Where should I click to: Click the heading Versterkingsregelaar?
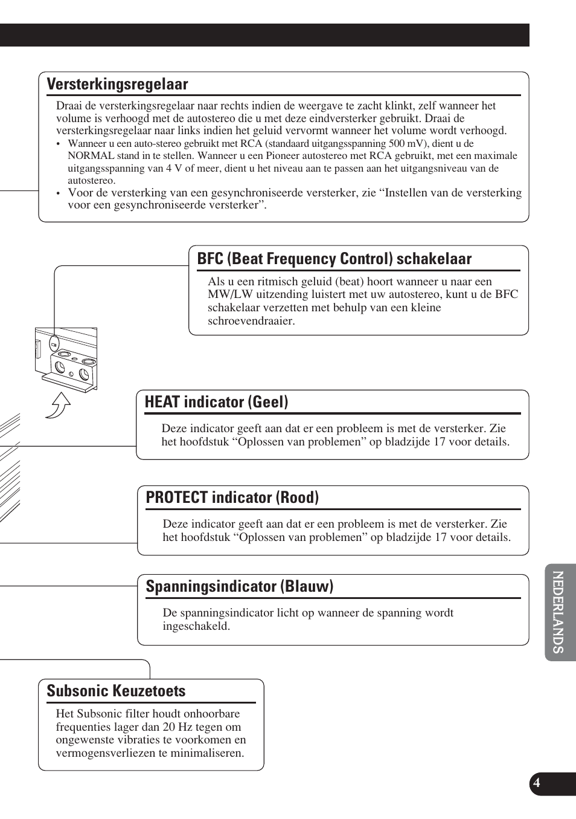(x=117, y=84)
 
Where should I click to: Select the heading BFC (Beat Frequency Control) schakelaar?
(x=334, y=259)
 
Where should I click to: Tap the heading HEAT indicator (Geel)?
(x=216, y=402)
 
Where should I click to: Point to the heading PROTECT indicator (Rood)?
(x=232, y=497)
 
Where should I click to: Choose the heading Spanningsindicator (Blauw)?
(x=239, y=586)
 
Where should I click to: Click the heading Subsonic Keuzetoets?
(x=116, y=691)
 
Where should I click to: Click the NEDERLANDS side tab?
(x=558, y=612)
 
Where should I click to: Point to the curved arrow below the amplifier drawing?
(x=59, y=404)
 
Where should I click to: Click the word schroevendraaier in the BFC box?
(x=251, y=321)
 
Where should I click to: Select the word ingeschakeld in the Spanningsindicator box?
(x=196, y=626)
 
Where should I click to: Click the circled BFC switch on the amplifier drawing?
(x=54, y=344)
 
